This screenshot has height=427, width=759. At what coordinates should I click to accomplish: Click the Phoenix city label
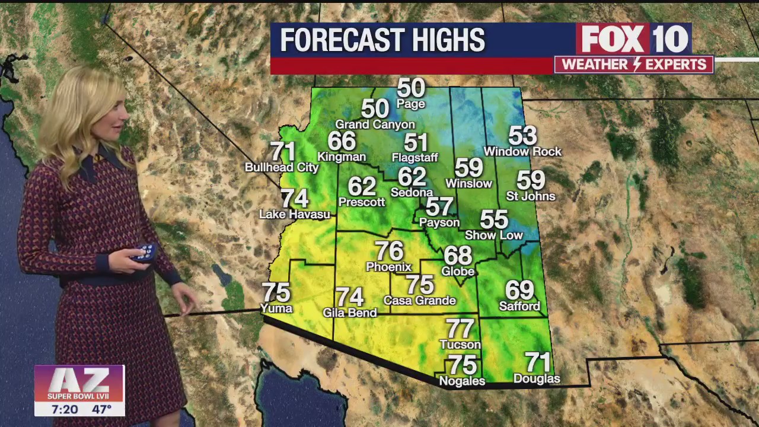388,267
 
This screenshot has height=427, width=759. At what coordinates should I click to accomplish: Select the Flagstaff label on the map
415,157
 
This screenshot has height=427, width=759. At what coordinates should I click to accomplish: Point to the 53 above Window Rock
522,136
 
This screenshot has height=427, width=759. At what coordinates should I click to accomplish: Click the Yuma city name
276,308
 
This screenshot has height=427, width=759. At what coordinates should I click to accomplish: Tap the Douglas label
537,378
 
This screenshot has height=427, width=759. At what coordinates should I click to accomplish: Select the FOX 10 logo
634,39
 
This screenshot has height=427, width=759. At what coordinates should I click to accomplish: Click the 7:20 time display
65,409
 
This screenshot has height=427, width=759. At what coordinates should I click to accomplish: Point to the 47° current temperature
101,409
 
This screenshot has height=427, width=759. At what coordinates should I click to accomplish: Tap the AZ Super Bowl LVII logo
79,383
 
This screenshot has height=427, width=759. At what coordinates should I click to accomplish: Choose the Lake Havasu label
295,214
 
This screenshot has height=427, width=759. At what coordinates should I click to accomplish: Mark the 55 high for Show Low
494,219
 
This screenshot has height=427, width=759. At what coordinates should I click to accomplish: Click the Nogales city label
462,381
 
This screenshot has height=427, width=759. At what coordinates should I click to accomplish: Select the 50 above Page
411,88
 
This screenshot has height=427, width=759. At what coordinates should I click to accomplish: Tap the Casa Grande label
419,300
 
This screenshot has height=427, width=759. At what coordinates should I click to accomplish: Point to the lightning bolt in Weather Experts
634,65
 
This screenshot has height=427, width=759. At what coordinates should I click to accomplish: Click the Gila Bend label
350,313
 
